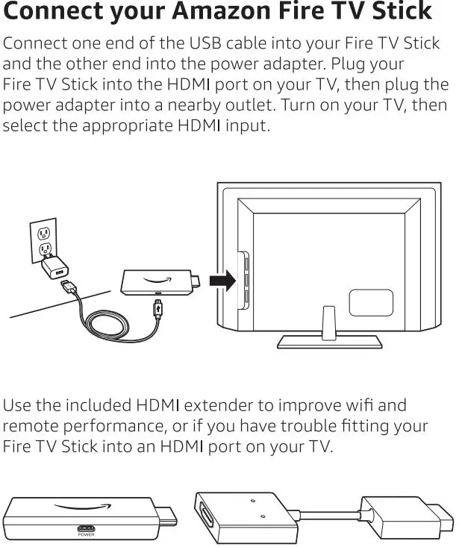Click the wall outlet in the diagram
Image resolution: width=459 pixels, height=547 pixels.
tap(45, 240)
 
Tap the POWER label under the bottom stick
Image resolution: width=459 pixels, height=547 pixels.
tap(87, 534)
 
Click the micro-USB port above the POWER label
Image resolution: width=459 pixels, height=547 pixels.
tap(87, 525)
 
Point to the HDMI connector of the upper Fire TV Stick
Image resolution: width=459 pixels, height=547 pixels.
tap(196, 282)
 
